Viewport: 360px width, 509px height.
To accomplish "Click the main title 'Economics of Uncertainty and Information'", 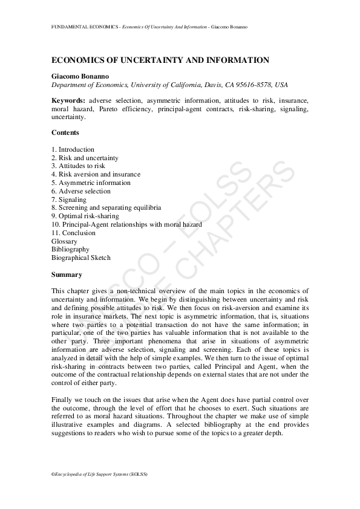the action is (160, 60).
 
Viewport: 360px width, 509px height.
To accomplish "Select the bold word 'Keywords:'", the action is (68, 100).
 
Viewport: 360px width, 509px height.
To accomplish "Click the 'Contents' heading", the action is (65, 133).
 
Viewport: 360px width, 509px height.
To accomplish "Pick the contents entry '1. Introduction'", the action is (73, 149).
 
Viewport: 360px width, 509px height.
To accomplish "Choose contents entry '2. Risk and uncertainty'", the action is (85, 158).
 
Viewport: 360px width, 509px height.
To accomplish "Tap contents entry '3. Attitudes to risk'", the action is (79, 166).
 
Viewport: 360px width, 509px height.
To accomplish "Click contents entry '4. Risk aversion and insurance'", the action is (96, 174).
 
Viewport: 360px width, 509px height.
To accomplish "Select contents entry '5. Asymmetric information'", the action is (91, 183).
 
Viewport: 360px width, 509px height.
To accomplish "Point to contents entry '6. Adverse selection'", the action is (81, 191).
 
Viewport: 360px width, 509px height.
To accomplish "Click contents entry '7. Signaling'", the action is (69, 199).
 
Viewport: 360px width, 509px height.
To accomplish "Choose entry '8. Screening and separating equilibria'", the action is (106, 207).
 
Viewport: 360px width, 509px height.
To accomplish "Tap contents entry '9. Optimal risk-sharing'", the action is (85, 216).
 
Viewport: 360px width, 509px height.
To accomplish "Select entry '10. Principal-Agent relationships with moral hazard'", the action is (127, 224).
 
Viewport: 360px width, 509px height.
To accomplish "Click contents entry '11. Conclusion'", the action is (74, 233).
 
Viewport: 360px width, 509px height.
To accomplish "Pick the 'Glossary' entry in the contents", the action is (65, 241).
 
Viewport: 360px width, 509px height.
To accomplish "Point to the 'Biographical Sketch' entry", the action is (81, 258).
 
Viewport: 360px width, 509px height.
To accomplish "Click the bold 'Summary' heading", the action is (67, 274).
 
